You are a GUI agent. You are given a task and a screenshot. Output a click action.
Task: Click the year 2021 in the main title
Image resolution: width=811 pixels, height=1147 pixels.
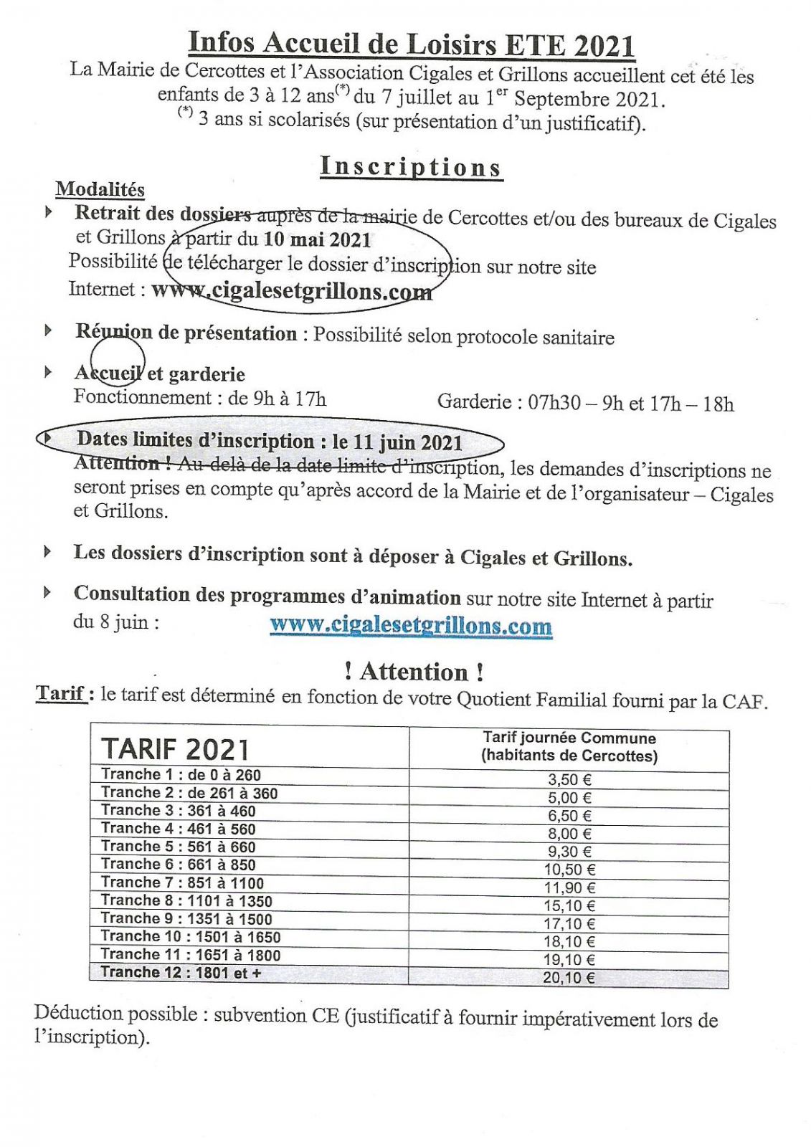point(604,45)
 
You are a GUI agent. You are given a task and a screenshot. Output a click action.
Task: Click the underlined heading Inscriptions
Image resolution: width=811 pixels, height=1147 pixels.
point(411,166)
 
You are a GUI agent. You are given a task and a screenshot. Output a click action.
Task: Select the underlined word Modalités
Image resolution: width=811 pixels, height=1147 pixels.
point(100,190)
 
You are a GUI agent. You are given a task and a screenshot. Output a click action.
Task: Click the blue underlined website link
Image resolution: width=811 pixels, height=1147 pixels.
point(411,625)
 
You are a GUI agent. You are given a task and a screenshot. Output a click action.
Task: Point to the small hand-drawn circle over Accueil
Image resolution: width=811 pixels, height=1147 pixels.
point(118,361)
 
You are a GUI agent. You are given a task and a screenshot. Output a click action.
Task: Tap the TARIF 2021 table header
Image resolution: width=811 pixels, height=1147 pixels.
point(175,749)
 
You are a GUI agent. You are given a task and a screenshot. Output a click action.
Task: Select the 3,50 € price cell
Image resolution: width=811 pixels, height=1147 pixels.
point(569,780)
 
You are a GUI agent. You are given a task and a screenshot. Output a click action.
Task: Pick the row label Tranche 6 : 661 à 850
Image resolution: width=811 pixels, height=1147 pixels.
point(179,865)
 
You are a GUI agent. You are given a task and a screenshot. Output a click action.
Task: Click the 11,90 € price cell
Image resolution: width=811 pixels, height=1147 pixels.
point(569,888)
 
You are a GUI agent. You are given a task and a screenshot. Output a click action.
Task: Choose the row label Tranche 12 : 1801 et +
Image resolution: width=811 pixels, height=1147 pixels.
point(181,973)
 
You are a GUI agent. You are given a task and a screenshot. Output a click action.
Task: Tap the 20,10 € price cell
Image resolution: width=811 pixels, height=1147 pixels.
point(569,978)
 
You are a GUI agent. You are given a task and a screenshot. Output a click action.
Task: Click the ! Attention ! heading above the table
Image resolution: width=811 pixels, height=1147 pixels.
point(414,672)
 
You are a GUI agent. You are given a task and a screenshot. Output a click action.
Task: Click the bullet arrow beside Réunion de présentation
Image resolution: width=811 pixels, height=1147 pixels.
point(49,330)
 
